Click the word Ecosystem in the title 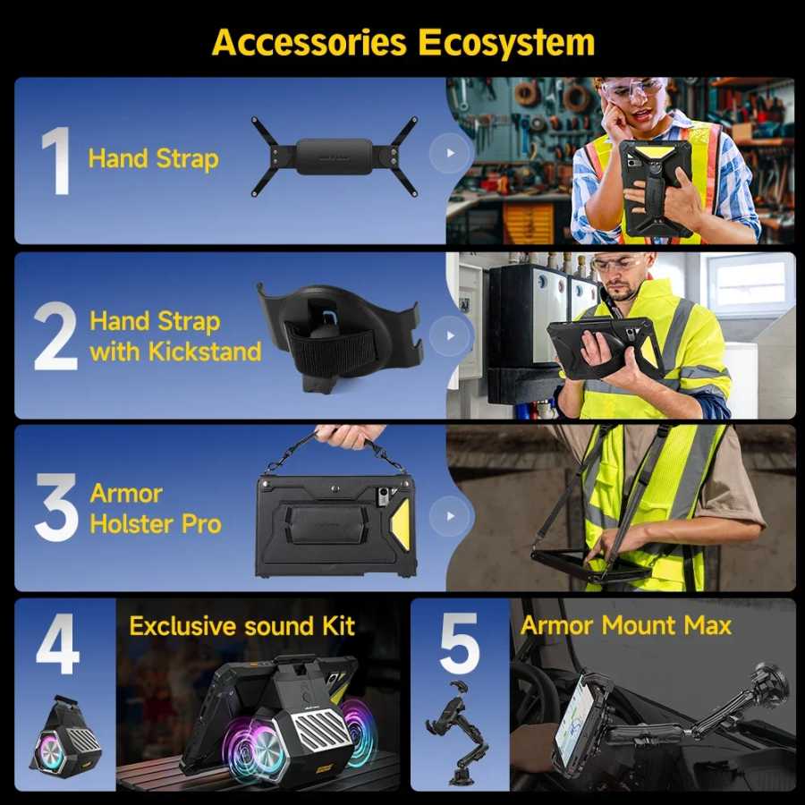506,43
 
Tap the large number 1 57,161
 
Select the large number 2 55,335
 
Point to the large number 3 56,508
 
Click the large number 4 57,643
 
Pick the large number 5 460,643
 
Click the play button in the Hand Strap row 450,153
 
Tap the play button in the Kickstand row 450,335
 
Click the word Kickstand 205,352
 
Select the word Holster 131,524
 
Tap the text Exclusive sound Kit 241,626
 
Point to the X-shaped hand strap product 335,157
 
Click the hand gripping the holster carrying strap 351,436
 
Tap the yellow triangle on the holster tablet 401,523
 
